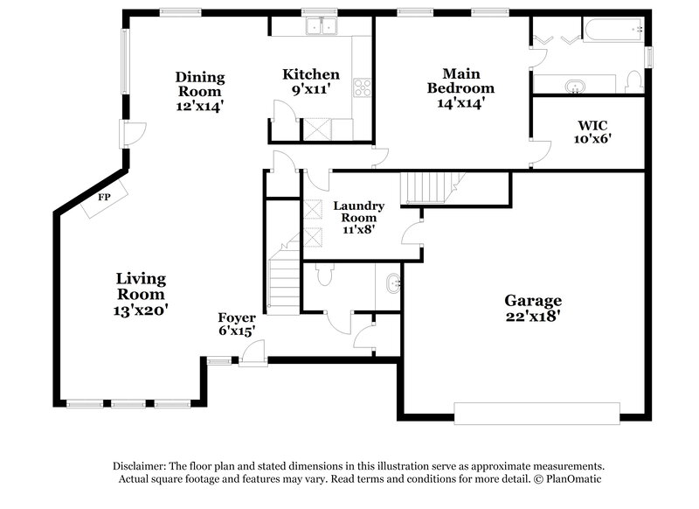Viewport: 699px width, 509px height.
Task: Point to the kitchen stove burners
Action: tap(362, 87)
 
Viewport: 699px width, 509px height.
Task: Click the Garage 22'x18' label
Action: tap(532, 308)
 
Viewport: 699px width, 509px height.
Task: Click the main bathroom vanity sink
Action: tap(576, 86)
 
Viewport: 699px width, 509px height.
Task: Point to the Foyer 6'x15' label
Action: tap(237, 324)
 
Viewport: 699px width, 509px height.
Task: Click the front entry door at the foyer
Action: tap(253, 354)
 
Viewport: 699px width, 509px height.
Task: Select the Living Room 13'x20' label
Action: tap(141, 293)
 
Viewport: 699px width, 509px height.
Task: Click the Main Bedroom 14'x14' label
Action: tap(460, 87)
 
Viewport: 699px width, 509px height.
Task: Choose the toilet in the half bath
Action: tap(324, 275)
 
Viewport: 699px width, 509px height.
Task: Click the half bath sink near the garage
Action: tap(392, 282)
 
